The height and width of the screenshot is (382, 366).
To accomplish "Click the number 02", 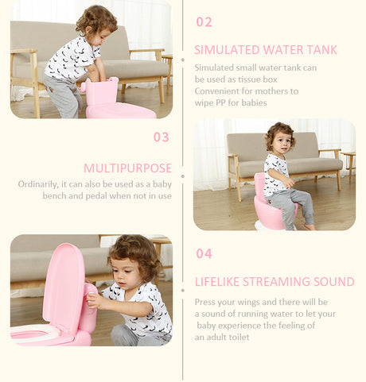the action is tap(204, 22).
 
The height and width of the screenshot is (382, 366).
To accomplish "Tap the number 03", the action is tap(162, 137).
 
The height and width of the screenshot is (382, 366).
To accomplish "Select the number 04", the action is tap(204, 253).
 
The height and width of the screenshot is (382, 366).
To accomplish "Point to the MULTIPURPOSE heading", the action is tap(128, 168).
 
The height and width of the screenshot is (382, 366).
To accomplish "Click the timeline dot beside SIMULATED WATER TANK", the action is tap(183, 60).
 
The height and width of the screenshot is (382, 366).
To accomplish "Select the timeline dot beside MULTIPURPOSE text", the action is tap(183, 176).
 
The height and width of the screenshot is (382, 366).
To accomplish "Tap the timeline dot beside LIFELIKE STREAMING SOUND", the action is tap(183, 291).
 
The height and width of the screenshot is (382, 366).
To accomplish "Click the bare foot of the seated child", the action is tap(310, 226).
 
